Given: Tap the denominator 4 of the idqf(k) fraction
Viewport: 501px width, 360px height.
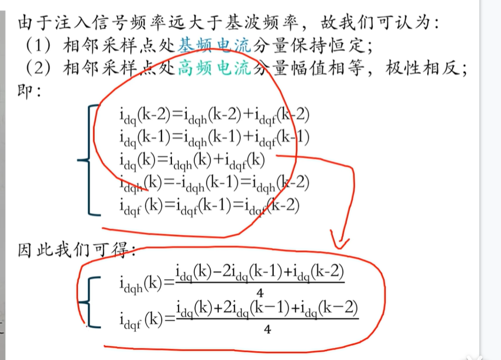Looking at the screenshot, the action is (266, 330).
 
